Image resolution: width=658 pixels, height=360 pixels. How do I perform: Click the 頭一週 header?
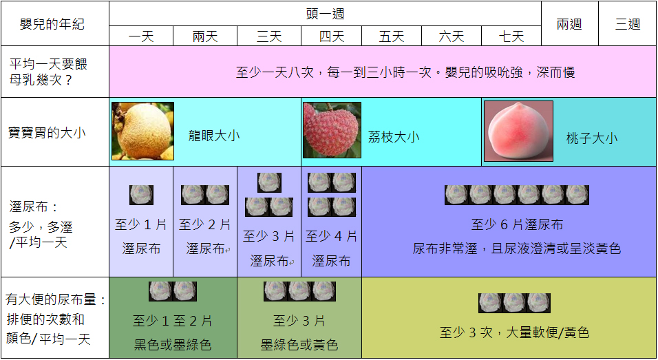pyautogui.click(x=325, y=14)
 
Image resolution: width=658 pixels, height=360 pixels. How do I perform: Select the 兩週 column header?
pyautogui.click(x=569, y=24)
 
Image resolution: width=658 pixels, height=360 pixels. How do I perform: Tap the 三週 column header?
pyautogui.click(x=627, y=24)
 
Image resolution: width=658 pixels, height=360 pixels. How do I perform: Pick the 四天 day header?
pyautogui.click(x=332, y=36)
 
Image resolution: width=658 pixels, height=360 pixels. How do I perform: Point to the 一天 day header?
pyautogui.click(x=141, y=36)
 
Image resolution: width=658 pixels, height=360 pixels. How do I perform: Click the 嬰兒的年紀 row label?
pyautogui.click(x=52, y=24)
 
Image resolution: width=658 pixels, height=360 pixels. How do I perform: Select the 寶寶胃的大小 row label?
pyautogui.click(x=47, y=132)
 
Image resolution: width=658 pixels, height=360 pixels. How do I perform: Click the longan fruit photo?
pyautogui.click(x=142, y=131)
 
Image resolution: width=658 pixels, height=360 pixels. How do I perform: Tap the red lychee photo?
pyautogui.click(x=332, y=130)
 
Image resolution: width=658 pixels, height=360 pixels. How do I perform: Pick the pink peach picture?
pyautogui.click(x=518, y=131)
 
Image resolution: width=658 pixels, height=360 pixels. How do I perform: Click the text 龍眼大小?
pyautogui.click(x=214, y=136)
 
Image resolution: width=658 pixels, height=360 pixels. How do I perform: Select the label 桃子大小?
pyautogui.click(x=592, y=138)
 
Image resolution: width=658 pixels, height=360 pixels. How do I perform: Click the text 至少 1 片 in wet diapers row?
pyautogui.click(x=141, y=224)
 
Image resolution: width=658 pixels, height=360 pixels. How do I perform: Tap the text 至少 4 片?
pyautogui.click(x=332, y=237)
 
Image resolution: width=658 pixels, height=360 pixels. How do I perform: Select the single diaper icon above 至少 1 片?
pyautogui.click(x=142, y=195)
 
